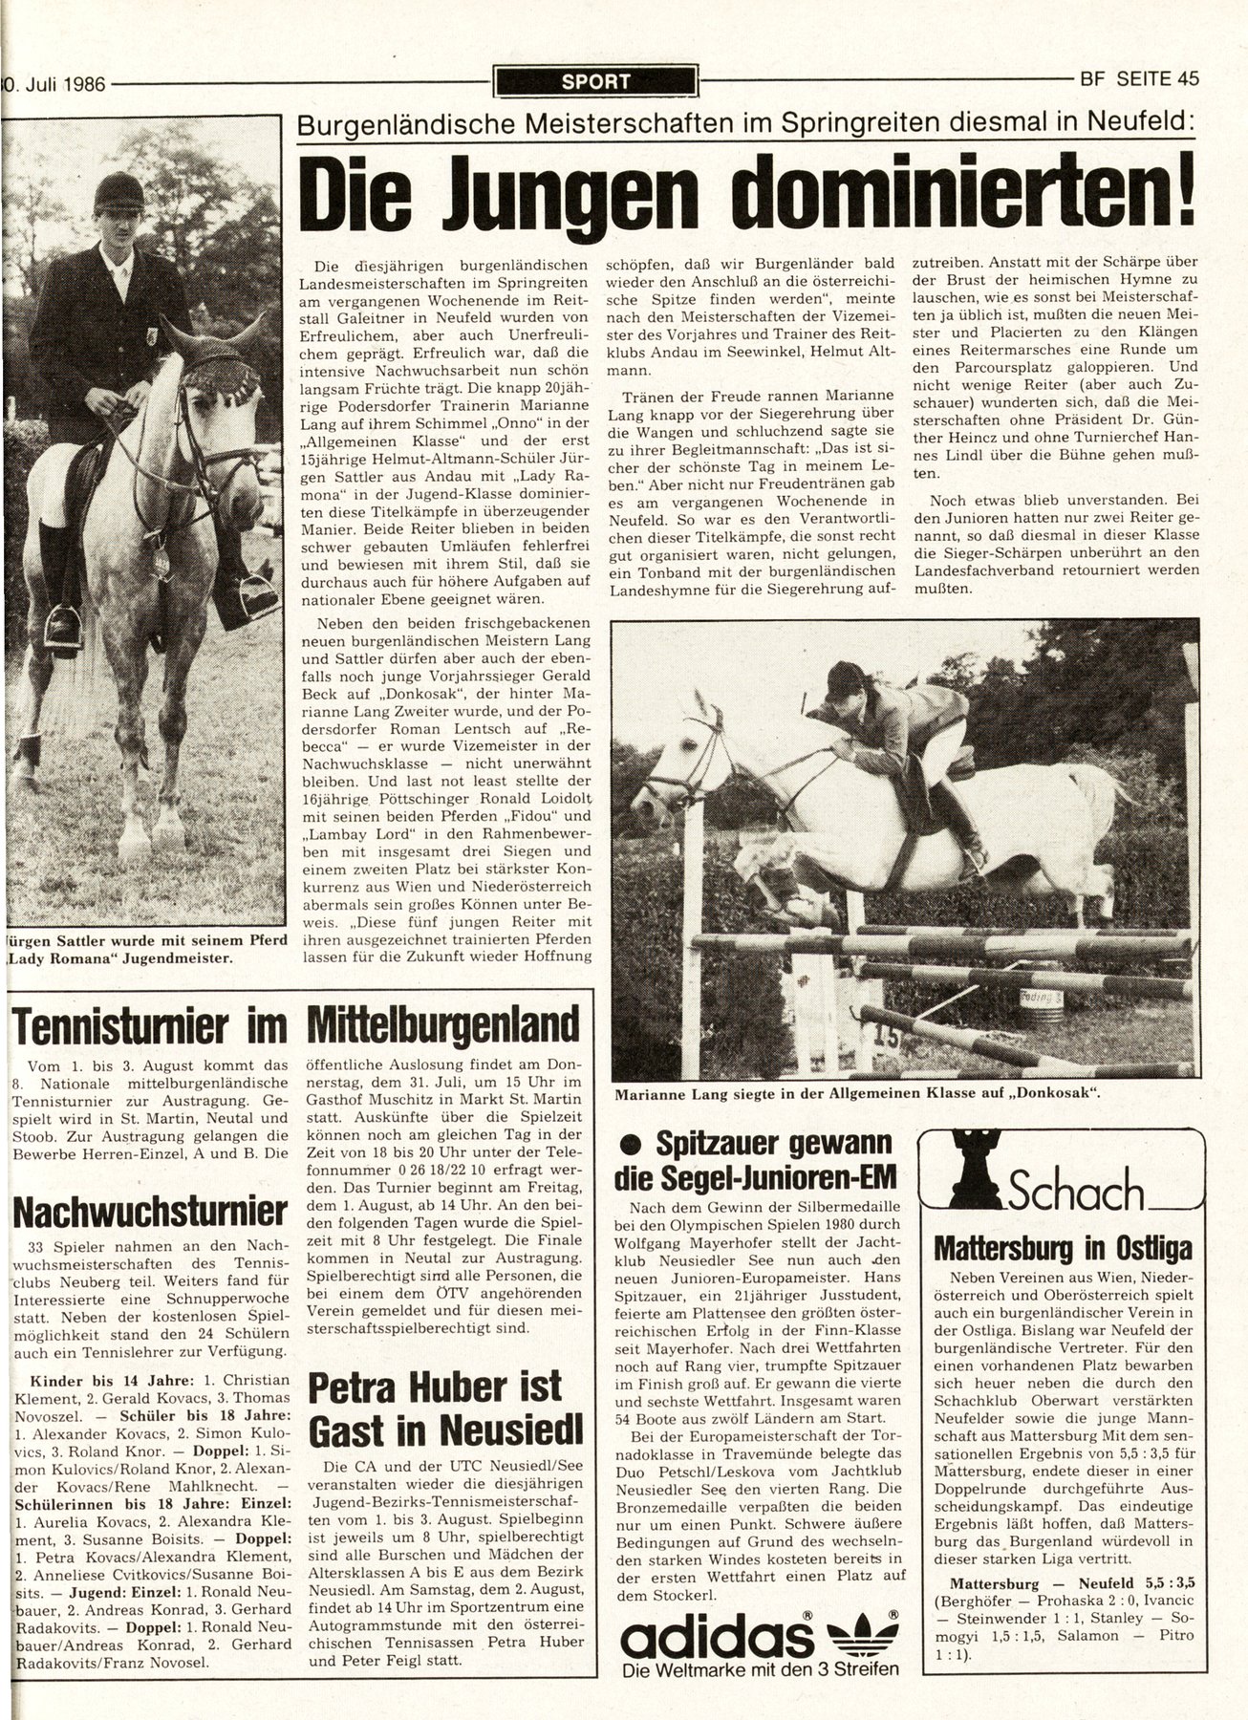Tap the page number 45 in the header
click(x=1187, y=80)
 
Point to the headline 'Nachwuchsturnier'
click(x=151, y=1213)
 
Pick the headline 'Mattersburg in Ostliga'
click(x=1062, y=1248)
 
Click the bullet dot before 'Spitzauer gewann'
click(x=630, y=1145)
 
